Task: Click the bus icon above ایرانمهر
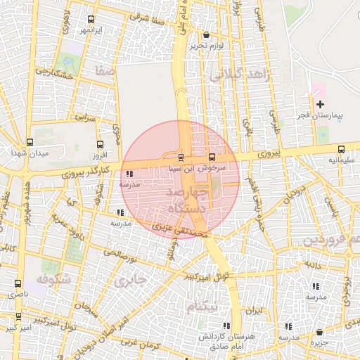[x=91, y=20]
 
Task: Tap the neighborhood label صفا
[x=106, y=70]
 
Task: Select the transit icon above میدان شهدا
[x=29, y=142]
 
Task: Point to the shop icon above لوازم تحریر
[x=205, y=34]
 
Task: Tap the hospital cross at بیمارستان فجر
[x=320, y=103]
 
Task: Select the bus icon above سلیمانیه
[x=341, y=149]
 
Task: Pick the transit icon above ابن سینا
[x=181, y=157]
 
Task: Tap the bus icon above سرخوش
[x=213, y=157]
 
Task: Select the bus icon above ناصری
[x=18, y=283]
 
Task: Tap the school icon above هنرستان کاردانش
[x=226, y=326]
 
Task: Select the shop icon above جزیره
[x=319, y=332]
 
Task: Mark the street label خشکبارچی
[x=55, y=73]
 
